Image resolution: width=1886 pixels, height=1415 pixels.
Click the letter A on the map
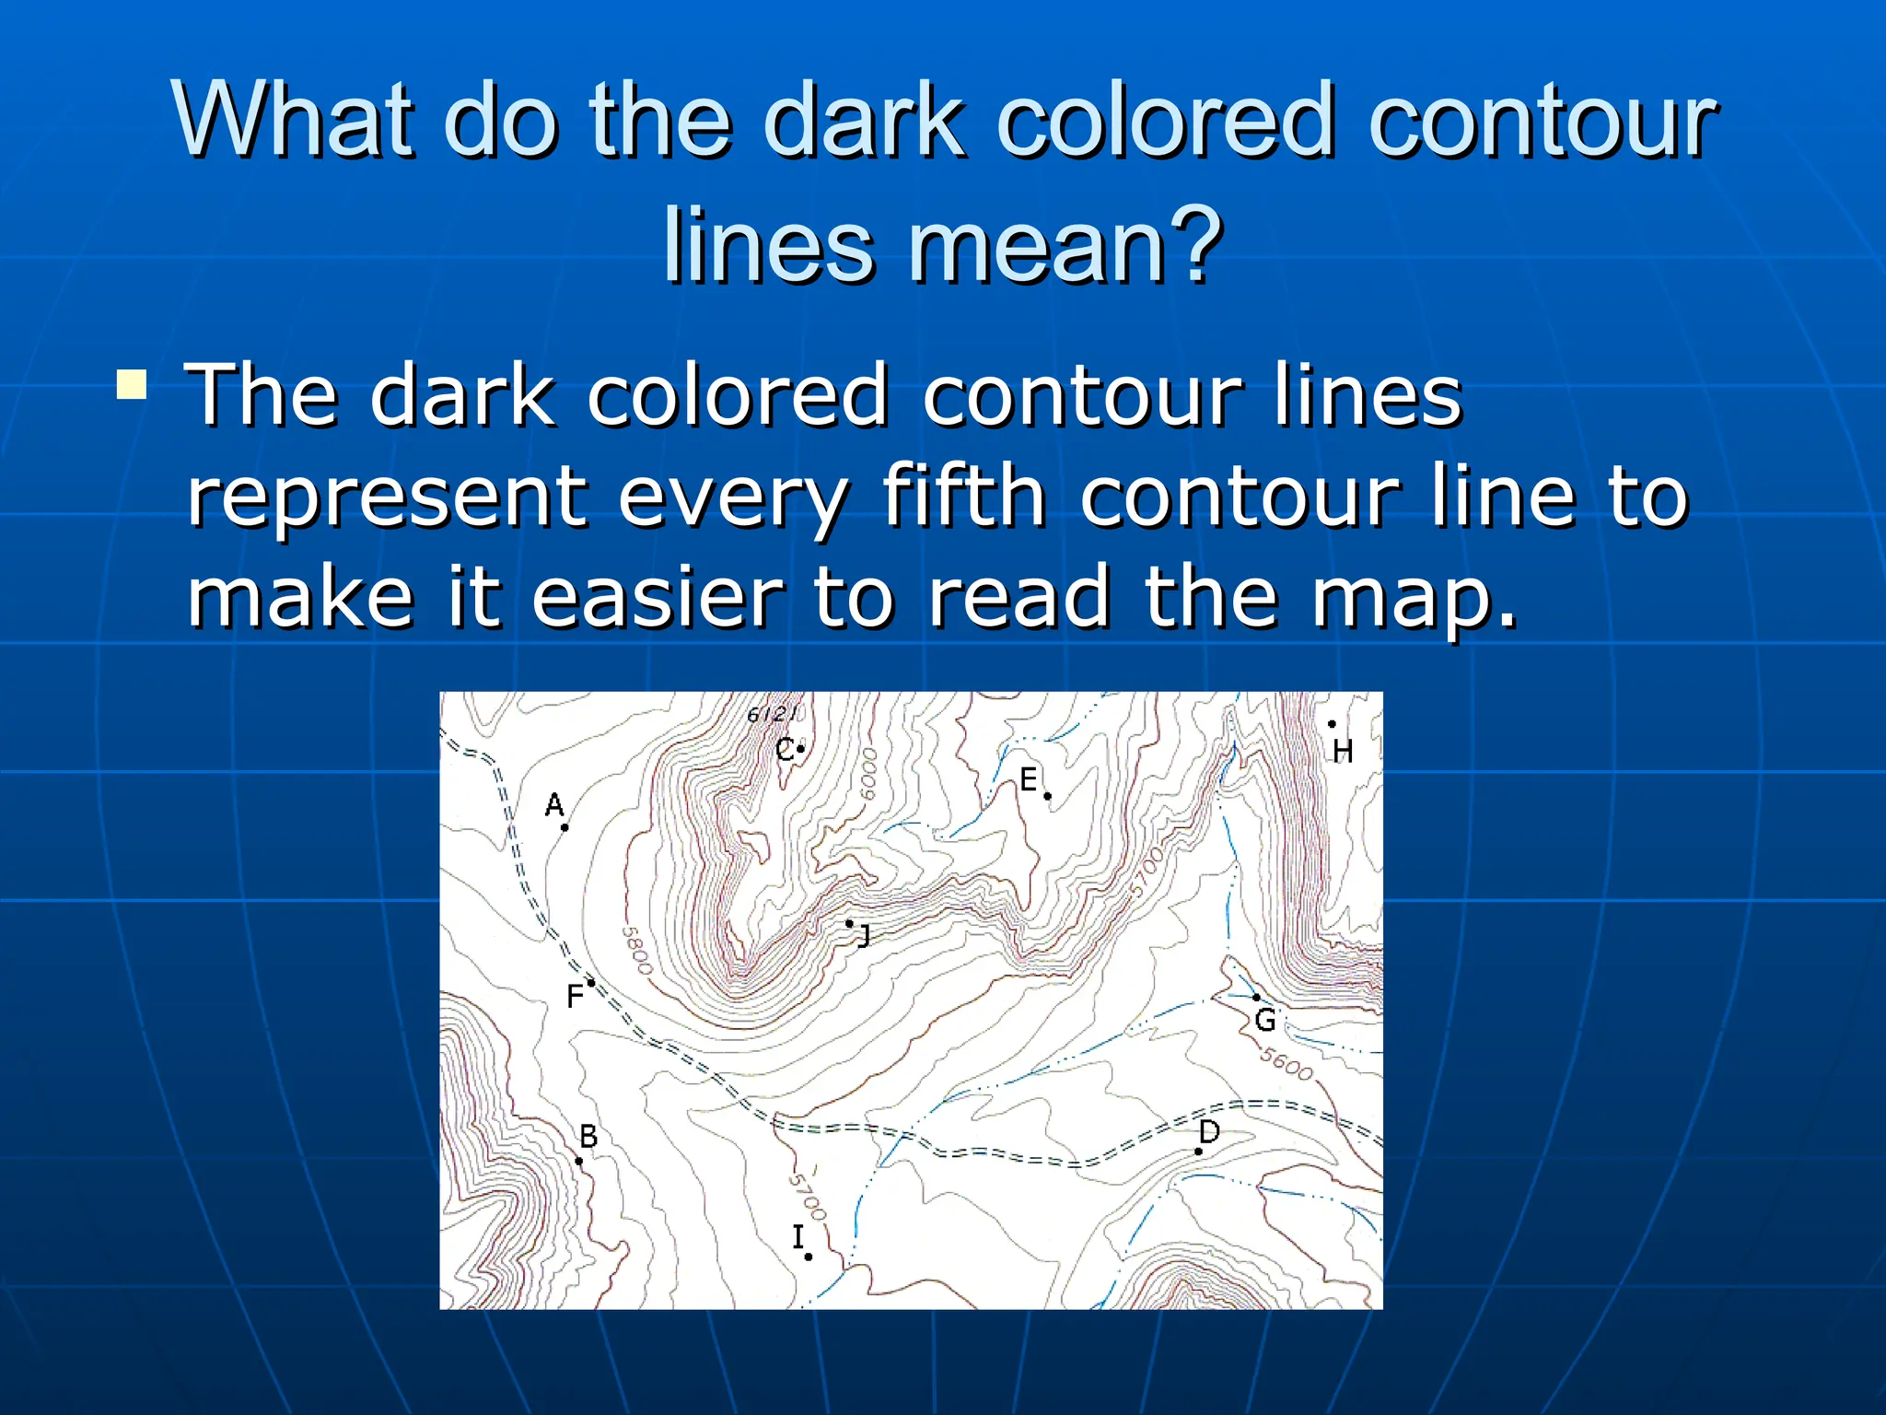(x=553, y=805)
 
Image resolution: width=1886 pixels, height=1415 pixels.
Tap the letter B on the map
(x=588, y=1137)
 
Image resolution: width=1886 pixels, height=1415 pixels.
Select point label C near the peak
(x=784, y=750)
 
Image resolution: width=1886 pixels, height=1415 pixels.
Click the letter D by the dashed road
(x=1209, y=1131)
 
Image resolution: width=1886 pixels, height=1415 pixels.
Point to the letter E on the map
(x=1029, y=780)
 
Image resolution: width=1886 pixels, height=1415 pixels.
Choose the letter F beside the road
(x=575, y=996)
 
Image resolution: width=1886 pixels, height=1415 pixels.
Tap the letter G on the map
(x=1265, y=1020)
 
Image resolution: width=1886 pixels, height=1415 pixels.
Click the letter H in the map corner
(x=1343, y=752)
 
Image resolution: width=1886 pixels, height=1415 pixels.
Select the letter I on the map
(x=797, y=1236)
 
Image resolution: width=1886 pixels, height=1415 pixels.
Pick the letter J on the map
(x=864, y=937)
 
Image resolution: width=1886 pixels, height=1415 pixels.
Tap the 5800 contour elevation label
(x=636, y=950)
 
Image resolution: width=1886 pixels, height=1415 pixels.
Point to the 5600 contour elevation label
(x=1286, y=1064)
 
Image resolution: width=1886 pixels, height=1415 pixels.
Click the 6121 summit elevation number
(x=772, y=714)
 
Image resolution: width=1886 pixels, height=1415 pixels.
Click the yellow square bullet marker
(x=132, y=384)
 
